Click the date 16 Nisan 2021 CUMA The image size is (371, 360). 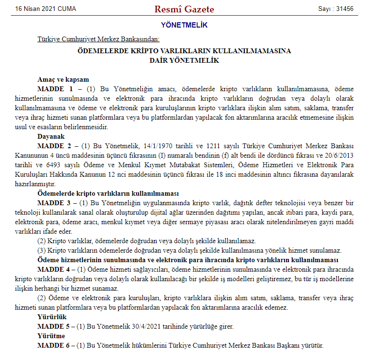coord(46,9)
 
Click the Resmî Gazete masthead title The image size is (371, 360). coord(184,9)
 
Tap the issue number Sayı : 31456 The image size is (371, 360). coord(336,9)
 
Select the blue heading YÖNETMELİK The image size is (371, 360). coord(184,25)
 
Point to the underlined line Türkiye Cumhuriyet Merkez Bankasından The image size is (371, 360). coord(99,39)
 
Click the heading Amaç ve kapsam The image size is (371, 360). coord(63,80)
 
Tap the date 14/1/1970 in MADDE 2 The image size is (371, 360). coord(156,145)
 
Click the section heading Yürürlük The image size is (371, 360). coord(52,317)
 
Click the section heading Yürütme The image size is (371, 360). coord(51,336)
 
